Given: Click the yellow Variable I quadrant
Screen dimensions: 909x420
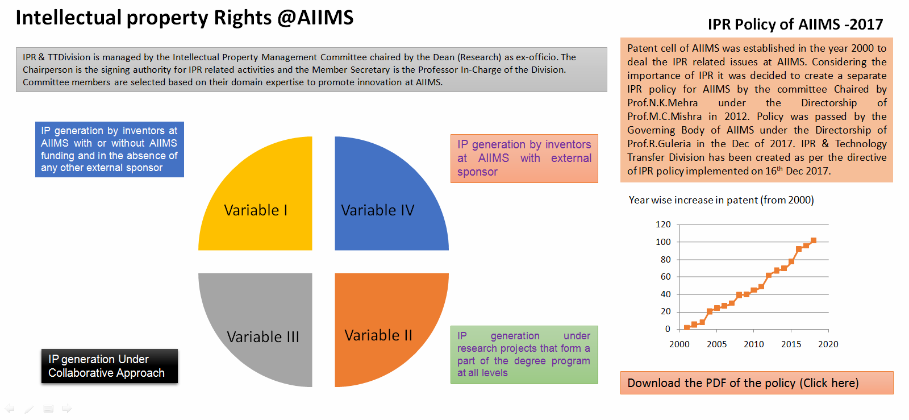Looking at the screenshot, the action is coord(264,203).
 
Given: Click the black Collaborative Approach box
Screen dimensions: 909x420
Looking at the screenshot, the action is coord(110,366).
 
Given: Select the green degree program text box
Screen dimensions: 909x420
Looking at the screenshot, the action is coord(524,355).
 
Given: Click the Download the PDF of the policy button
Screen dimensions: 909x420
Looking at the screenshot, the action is coord(757,382).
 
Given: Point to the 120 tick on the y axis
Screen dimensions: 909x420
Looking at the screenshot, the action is coord(663,224).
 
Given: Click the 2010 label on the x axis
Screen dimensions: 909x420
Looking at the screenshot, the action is coord(753,344).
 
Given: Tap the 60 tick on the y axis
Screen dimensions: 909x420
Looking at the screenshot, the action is coord(665,277).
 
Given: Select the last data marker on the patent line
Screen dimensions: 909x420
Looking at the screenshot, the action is coord(813,240).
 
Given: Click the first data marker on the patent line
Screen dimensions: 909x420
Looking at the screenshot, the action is coord(687,327).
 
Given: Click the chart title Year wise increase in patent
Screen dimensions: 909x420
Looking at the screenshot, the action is coord(721,200).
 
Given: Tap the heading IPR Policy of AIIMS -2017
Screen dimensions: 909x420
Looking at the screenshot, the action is coord(795,24).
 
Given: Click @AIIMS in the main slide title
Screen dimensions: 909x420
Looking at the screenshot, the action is coord(315,18).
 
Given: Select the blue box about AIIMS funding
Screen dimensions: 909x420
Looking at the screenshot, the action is coord(110,149).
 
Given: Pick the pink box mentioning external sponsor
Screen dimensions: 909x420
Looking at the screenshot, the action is coord(524,158).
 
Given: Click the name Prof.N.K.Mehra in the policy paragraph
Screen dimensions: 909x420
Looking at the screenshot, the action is coord(662,103).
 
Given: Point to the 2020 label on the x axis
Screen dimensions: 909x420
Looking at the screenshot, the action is coord(828,344).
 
